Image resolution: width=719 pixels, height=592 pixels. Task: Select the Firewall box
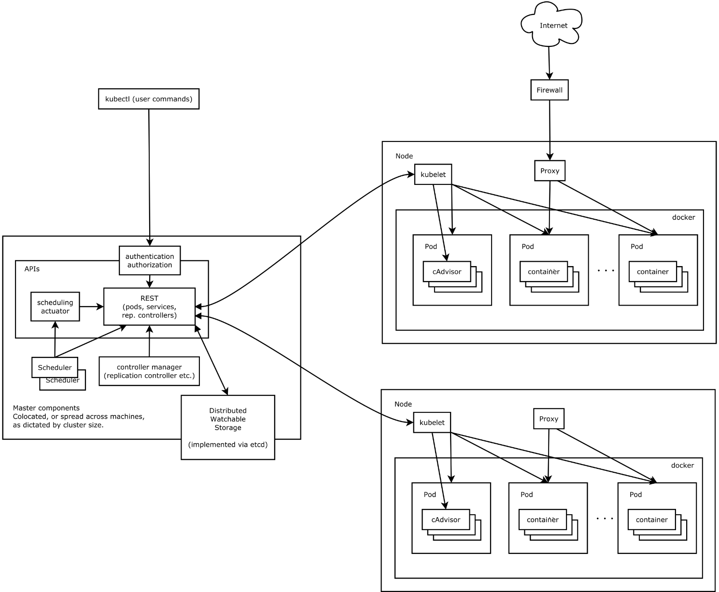coord(550,90)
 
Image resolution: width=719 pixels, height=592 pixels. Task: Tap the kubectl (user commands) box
coord(149,99)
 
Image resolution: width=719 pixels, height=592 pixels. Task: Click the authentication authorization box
coord(150,261)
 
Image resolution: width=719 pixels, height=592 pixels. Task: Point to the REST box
coord(150,307)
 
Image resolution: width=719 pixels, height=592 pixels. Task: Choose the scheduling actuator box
coord(55,307)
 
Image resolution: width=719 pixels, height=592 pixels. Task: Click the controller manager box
coord(149,371)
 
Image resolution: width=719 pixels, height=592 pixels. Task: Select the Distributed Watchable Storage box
coord(228,427)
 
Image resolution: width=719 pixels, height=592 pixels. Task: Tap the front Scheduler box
coord(55,367)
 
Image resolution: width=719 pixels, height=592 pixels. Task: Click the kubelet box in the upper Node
coord(433,174)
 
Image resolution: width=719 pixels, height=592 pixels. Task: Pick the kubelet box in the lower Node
coord(432,423)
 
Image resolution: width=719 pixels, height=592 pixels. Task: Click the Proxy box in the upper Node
coord(550,171)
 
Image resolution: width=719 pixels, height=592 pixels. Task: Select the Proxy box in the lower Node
coord(549,419)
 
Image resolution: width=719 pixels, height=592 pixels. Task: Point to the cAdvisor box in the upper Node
coord(447,272)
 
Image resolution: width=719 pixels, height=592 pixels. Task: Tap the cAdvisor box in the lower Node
coord(446,520)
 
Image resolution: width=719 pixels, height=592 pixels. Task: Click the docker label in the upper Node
coord(683,217)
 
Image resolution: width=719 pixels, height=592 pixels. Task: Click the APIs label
coord(32,269)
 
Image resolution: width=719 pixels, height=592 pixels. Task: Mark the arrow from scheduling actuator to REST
coord(92,307)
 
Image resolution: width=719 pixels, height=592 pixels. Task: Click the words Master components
coord(46,408)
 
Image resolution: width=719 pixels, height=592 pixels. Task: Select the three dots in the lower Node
coord(605,519)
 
